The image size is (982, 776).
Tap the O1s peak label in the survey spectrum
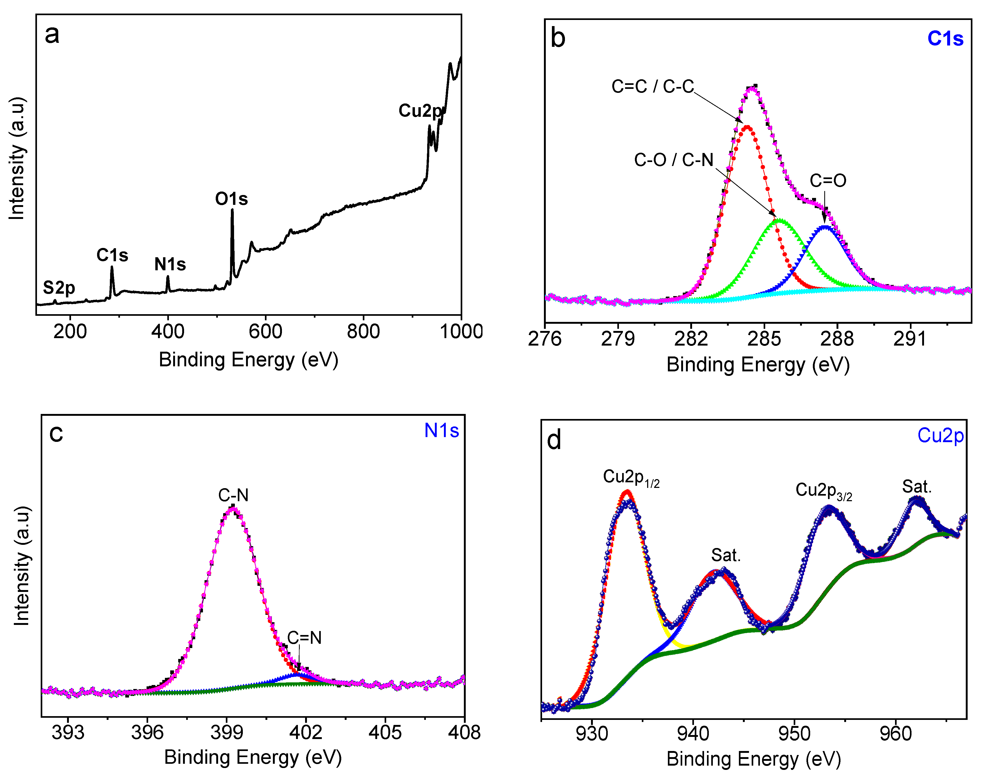point(231,199)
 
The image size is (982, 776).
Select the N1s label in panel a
point(170,264)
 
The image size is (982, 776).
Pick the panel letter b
point(558,38)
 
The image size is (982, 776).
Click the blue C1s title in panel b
point(945,39)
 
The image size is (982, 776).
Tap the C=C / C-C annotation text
point(652,86)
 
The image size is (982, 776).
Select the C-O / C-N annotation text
point(673,160)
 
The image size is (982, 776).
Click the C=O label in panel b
point(827,181)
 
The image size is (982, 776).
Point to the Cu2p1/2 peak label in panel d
point(630,478)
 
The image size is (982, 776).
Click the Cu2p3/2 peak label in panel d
point(823,491)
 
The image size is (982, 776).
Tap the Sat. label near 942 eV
point(725,555)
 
